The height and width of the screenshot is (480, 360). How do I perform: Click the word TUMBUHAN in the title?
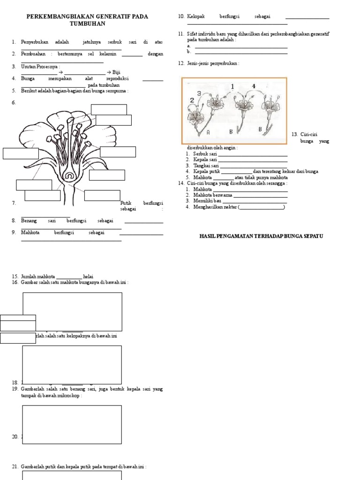[x=88, y=23]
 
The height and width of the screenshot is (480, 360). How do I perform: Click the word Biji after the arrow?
[x=117, y=72]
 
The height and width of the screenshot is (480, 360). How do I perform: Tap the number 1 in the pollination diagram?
[x=232, y=86]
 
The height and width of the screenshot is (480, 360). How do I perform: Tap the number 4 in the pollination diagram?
[x=254, y=86]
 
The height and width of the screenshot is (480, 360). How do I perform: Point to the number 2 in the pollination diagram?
[x=192, y=100]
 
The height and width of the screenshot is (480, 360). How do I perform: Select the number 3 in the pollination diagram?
[x=199, y=93]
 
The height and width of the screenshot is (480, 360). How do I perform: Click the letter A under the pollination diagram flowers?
[x=208, y=132]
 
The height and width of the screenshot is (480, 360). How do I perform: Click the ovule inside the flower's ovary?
[x=69, y=177]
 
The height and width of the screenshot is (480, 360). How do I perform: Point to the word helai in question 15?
[x=89, y=276]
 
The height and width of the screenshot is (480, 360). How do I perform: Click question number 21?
[x=15, y=466]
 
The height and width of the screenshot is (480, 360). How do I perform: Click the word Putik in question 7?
[x=126, y=203]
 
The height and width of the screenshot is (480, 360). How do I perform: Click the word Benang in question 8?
[x=29, y=220]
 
